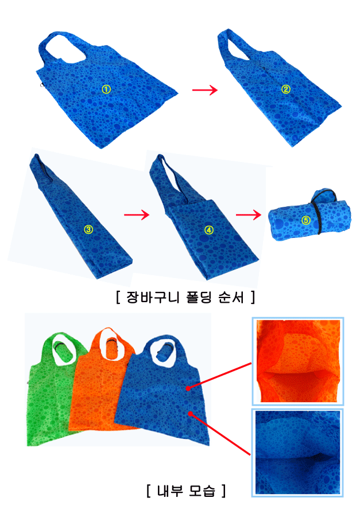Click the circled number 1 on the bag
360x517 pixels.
coord(106,89)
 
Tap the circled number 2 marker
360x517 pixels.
coord(285,89)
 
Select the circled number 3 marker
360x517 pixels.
coord(88,229)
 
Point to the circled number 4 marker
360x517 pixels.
coord(208,230)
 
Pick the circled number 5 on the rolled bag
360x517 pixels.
coord(306,220)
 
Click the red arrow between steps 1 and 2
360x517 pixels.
coord(205,90)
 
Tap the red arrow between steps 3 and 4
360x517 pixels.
coord(137,215)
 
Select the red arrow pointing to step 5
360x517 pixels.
coord(248,215)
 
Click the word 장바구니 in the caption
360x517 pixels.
coord(153,297)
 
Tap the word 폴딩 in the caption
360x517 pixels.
coord(199,297)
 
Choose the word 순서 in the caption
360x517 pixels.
coord(231,297)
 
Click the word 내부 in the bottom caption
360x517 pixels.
coord(169,491)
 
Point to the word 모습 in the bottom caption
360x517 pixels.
coord(202,491)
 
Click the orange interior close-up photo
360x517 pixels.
coord(298,361)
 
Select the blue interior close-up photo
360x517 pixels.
coord(297,453)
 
